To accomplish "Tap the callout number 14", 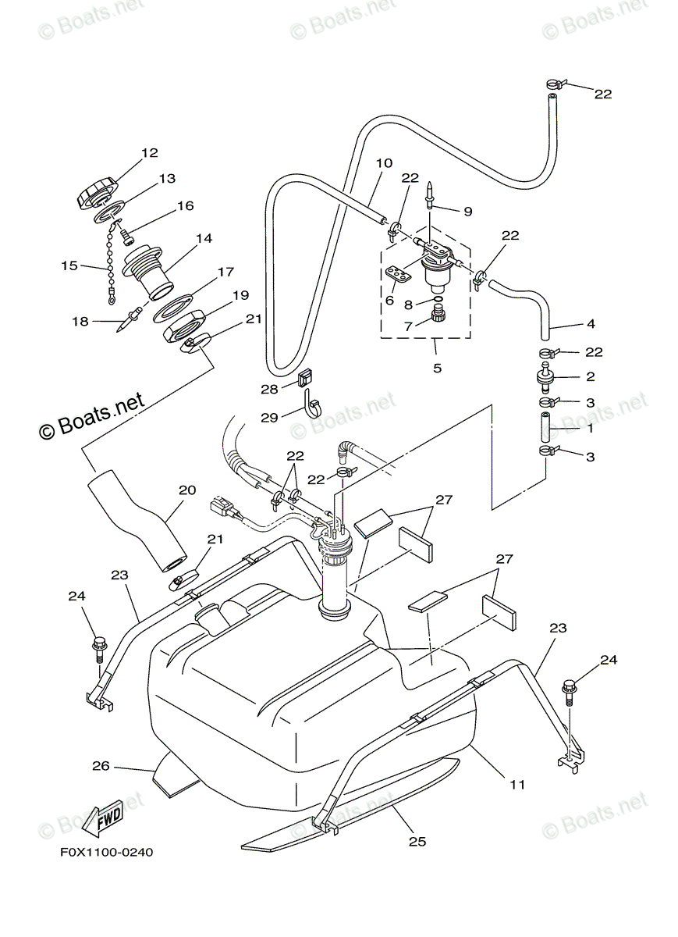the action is (204, 238).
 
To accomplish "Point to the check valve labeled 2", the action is (545, 377).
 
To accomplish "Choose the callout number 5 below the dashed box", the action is (437, 368).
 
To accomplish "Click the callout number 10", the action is (384, 163).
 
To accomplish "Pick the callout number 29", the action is (269, 418).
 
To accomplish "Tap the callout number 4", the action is (591, 323).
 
